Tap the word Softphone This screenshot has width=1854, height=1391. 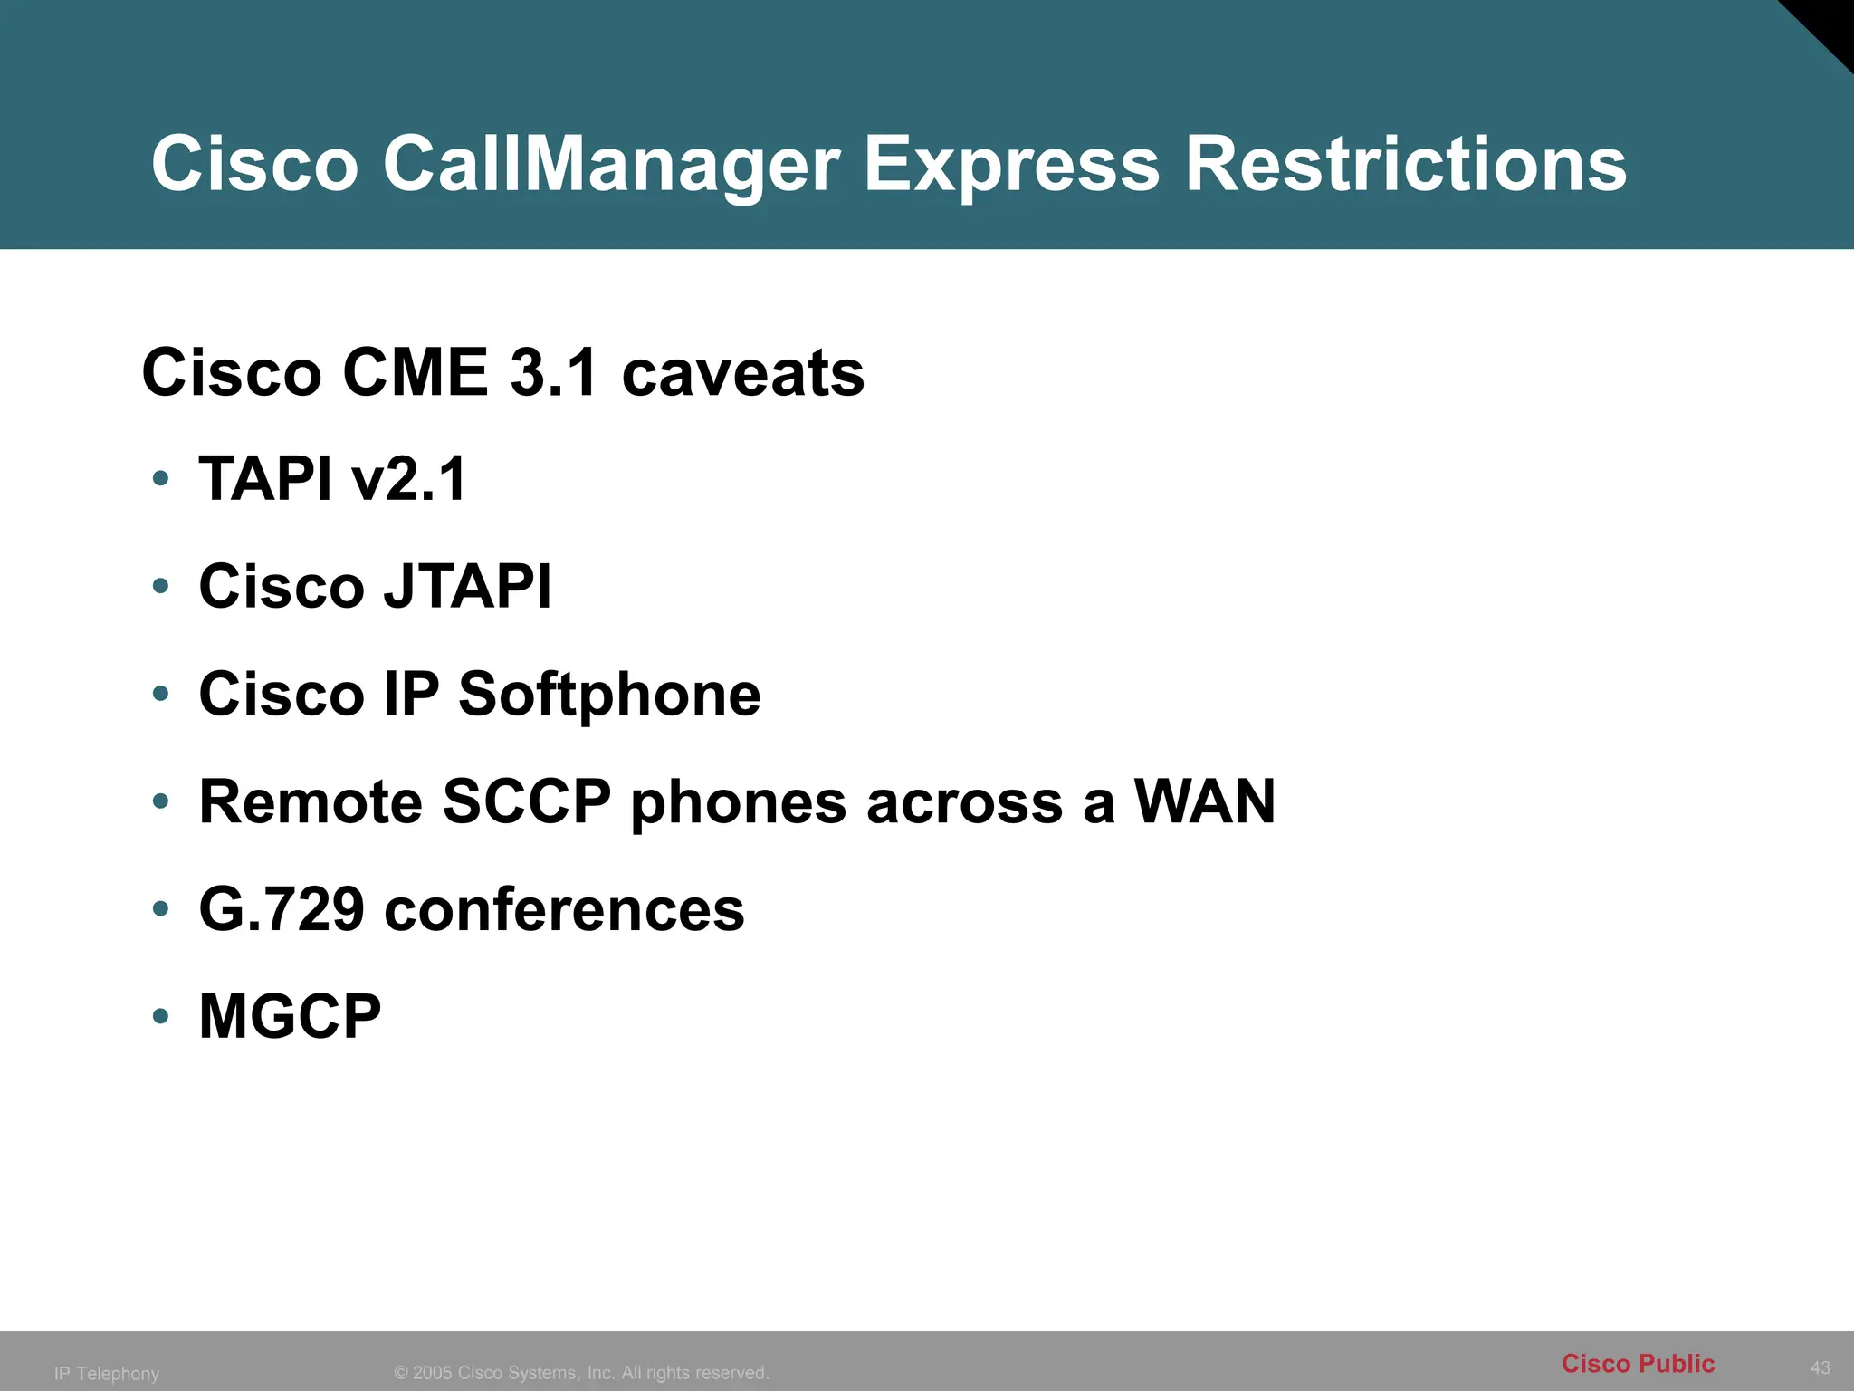609,694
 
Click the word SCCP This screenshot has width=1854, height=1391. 527,801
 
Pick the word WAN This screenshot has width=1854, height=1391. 1204,801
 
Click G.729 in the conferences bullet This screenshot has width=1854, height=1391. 282,909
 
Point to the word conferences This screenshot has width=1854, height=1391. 564,909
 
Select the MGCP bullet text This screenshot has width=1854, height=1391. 290,1016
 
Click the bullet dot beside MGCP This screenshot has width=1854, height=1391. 161,1016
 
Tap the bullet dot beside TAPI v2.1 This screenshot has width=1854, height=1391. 161,478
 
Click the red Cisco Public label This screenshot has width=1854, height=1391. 1638,1363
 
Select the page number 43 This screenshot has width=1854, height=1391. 1820,1367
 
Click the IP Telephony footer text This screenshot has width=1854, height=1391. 107,1374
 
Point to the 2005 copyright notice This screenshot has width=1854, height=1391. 581,1373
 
